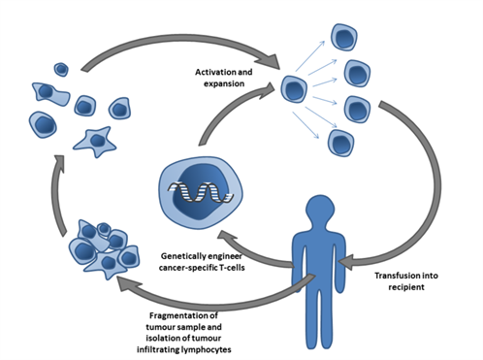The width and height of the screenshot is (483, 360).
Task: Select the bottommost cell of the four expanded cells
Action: (342, 142)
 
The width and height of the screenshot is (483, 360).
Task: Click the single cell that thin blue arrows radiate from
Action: (295, 90)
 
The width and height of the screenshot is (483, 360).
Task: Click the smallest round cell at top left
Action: (61, 69)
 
